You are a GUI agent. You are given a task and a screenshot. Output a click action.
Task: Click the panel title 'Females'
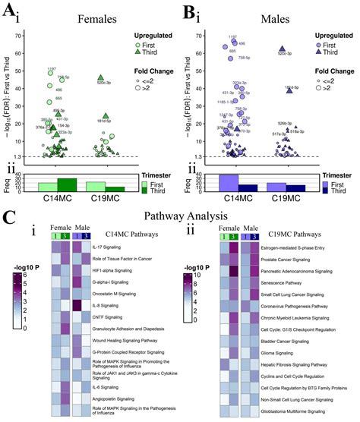point(76,16)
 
